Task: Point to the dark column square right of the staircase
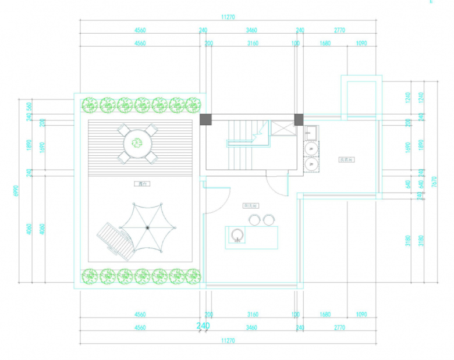click(299, 119)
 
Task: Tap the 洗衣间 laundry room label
click(347, 159)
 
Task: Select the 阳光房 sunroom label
click(251, 205)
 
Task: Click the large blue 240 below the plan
click(203, 326)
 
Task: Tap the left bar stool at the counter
click(254, 219)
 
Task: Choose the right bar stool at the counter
click(268, 219)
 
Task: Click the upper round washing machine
click(312, 149)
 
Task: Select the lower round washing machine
click(312, 165)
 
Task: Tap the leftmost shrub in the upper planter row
click(90, 105)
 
